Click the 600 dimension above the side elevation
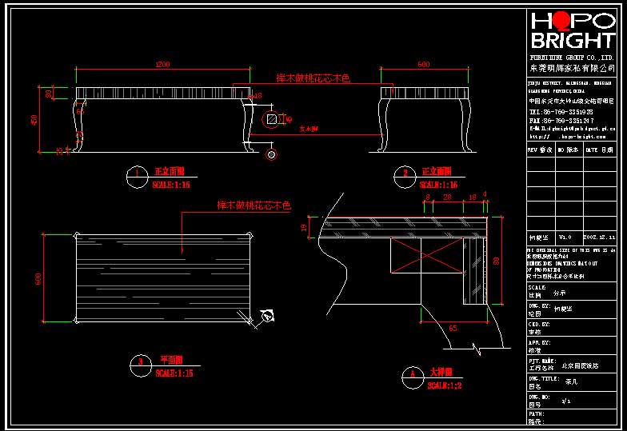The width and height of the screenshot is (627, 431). tap(424, 63)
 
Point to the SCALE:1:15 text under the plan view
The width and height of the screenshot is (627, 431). tap(175, 373)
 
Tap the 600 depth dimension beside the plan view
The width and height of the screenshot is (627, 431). tap(37, 277)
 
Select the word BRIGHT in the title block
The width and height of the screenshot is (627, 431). tap(572, 42)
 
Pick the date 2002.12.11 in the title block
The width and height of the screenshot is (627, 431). tap(600, 237)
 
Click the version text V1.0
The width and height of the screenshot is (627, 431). tap(565, 237)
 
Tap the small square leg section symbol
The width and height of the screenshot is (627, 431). tap(272, 119)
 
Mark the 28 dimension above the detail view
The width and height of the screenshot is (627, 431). tap(447, 196)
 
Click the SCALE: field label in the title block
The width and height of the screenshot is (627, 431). tap(537, 287)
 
